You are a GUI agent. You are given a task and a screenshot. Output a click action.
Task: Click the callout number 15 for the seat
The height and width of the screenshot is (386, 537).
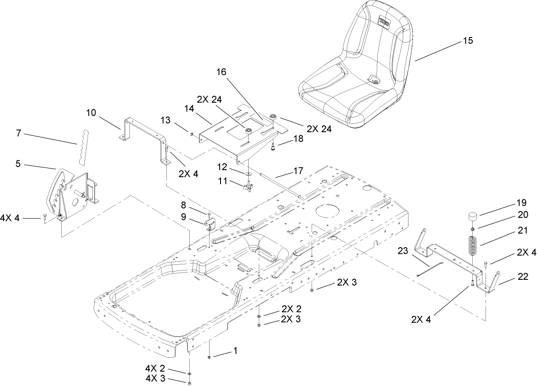click(467, 41)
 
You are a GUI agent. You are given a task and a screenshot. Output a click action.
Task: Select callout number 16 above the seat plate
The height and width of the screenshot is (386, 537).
click(221, 72)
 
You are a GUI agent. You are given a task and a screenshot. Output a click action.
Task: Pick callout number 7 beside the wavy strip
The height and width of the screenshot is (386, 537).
click(18, 133)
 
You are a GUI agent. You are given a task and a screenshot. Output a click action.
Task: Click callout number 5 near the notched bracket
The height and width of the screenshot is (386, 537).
click(18, 163)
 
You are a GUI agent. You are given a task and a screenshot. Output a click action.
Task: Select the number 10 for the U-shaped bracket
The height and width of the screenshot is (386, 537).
click(91, 112)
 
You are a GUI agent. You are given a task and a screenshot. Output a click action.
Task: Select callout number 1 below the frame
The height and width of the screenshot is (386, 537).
click(235, 351)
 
